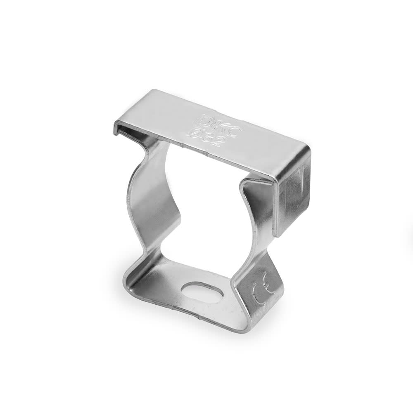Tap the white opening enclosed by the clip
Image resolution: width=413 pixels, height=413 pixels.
tap(206, 215)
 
